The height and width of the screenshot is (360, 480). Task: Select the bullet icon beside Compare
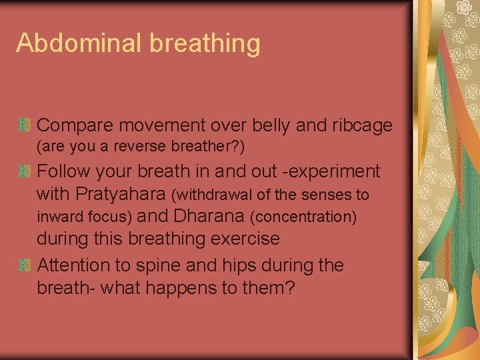click(x=25, y=125)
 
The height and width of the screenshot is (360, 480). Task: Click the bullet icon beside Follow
click(x=25, y=171)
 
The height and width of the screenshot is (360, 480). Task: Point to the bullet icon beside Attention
click(x=25, y=265)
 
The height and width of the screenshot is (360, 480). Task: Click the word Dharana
click(x=210, y=216)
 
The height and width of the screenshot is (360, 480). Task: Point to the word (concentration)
click(x=303, y=217)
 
